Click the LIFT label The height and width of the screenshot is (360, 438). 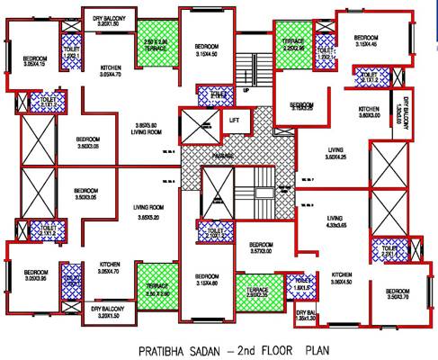click(x=233, y=119)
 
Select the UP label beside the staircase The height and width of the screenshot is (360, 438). click(x=246, y=90)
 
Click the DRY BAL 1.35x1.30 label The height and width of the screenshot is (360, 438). click(x=307, y=315)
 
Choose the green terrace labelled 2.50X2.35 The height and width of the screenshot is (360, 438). click(x=257, y=290)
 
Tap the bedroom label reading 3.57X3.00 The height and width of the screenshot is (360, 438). click(x=261, y=248)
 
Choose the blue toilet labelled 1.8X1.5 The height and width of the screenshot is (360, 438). click(x=300, y=285)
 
